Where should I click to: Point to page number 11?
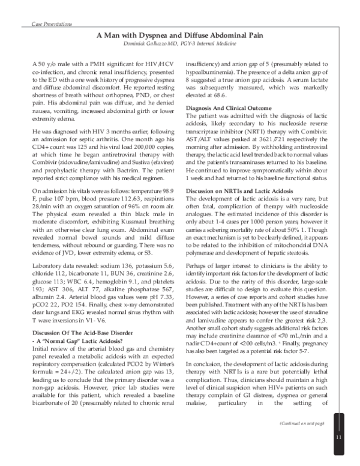(x=339, y=436)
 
